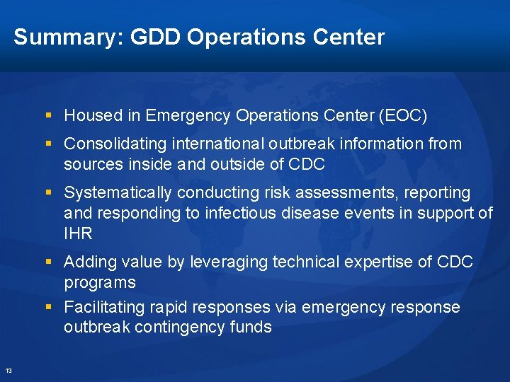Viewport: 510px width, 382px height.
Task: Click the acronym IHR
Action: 78,233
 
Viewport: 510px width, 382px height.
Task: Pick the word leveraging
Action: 230,262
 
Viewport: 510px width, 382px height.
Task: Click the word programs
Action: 99,282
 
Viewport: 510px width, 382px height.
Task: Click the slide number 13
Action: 8,371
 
